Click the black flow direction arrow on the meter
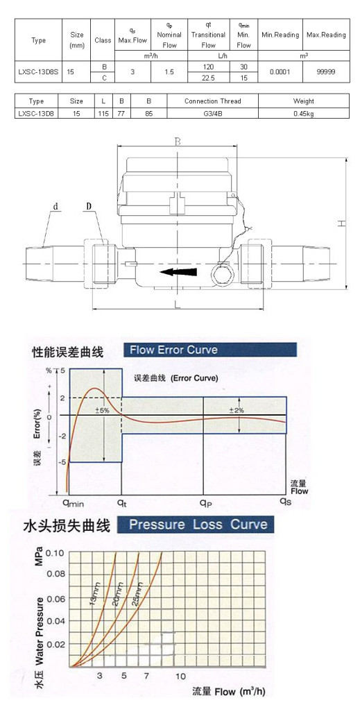[178, 272]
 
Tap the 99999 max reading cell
[326, 71]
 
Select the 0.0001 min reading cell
[280, 71]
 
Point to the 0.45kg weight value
[303, 113]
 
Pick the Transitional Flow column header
[208, 35]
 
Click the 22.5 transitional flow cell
[208, 77]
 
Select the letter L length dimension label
[178, 304]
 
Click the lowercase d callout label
[56, 207]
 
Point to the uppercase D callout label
[89, 206]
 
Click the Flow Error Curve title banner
[210, 350]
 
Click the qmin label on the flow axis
[73, 502]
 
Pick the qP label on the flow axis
[206, 502]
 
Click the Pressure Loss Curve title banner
[196, 525]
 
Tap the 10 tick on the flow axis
[180, 676]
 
